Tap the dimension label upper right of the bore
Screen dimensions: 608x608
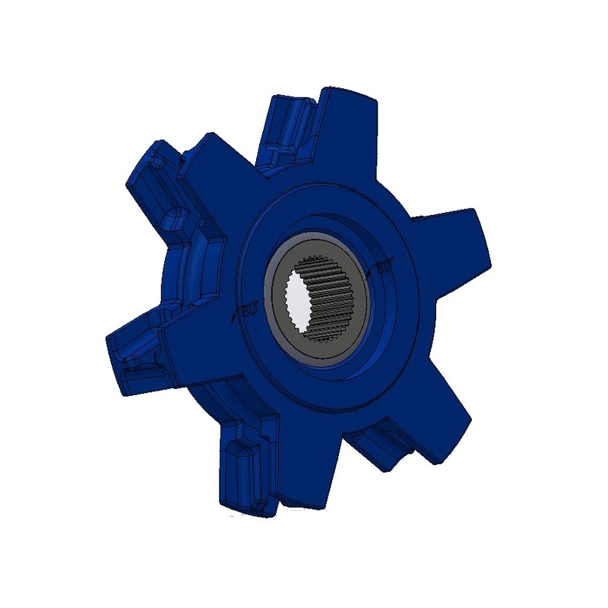383,268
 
